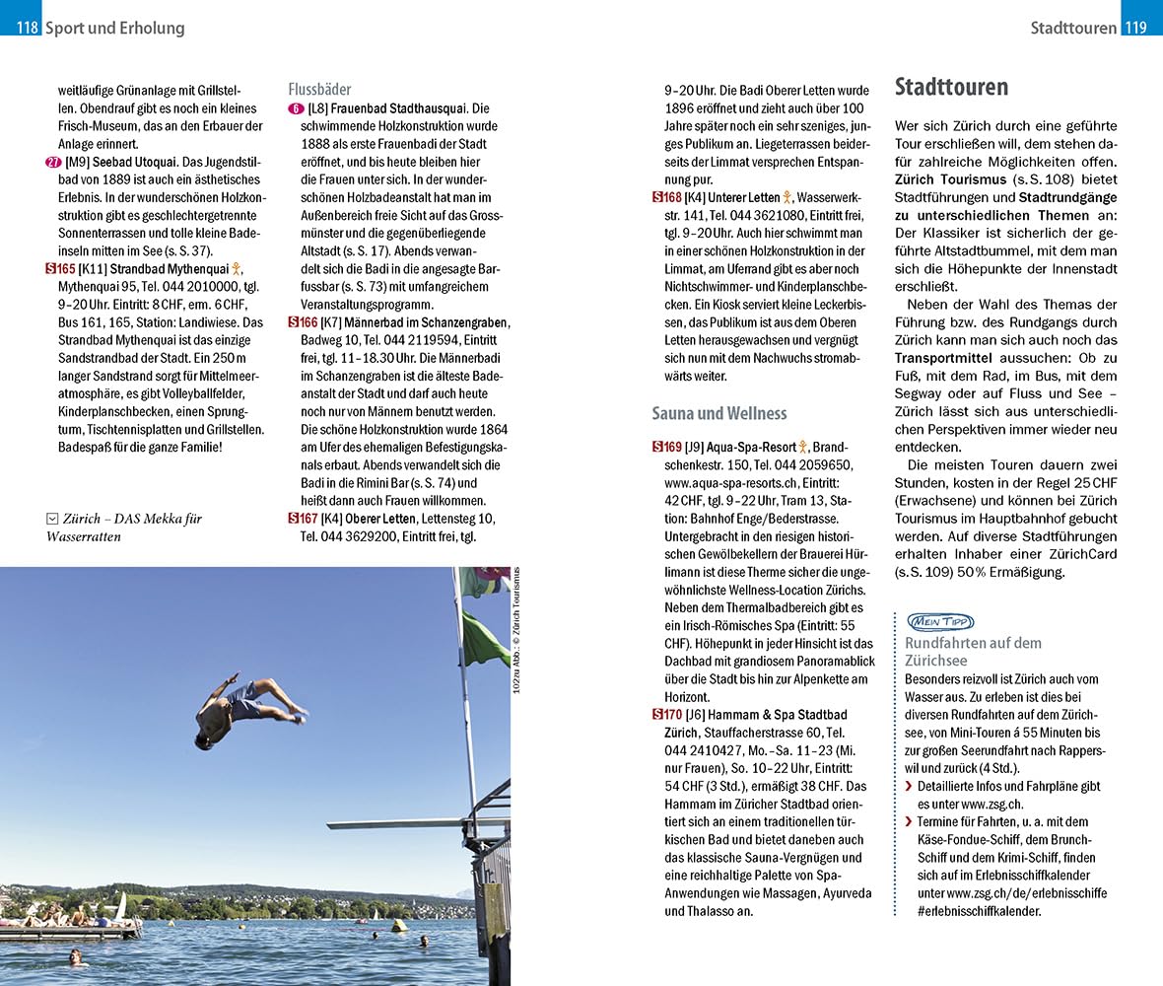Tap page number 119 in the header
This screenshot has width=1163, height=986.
[x=1136, y=28]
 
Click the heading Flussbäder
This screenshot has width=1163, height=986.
[x=319, y=89]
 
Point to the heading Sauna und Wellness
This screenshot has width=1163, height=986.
[x=718, y=413]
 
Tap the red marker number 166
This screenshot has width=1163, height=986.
[x=303, y=322]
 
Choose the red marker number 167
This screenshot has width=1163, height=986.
[x=303, y=519]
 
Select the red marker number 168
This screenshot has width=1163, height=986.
[x=666, y=197]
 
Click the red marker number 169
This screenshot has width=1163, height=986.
[x=666, y=447]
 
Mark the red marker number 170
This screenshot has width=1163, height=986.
[x=666, y=715]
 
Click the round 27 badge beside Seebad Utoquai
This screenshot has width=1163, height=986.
[x=52, y=162]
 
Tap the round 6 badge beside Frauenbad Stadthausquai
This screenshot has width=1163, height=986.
[x=296, y=108]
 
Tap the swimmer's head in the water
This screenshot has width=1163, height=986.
[x=74, y=954]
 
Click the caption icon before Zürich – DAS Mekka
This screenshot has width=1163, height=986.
[x=52, y=519]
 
